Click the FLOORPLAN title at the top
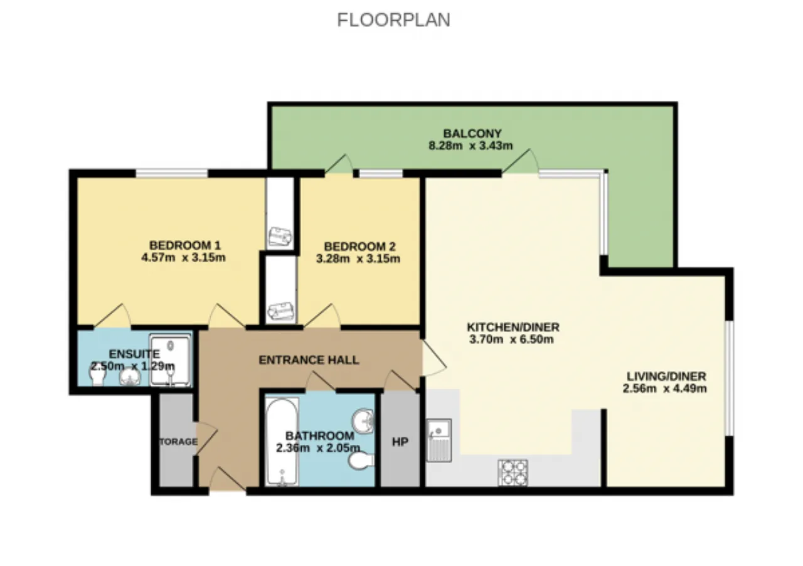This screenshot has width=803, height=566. pos(393,20)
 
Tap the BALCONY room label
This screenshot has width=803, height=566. pos(472,134)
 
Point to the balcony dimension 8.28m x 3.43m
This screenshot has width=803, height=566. pos(471,146)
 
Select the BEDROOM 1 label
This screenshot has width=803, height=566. pos(185,245)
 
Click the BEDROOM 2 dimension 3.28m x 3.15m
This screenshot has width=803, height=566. pos(358,259)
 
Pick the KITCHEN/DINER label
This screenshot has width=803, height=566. pos(513,327)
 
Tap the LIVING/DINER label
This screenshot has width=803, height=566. pos(666,376)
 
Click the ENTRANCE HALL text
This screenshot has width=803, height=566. pos(309,360)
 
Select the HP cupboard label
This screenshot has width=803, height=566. pos(400,442)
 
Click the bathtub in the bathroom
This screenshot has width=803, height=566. pos(282,442)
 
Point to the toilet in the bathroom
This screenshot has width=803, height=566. pos(361,461)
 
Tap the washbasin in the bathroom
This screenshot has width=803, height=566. pos(363,420)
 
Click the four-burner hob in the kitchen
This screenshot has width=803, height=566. pos(513,473)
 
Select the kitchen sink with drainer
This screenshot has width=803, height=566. pos(439,440)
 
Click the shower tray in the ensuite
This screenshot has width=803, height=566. pos(170,360)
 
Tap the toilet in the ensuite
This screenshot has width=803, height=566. pos(97,376)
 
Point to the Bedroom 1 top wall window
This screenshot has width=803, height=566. pos(172,174)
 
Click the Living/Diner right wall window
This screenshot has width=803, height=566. pos(729,378)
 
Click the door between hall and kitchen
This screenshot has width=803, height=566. pos(434,359)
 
